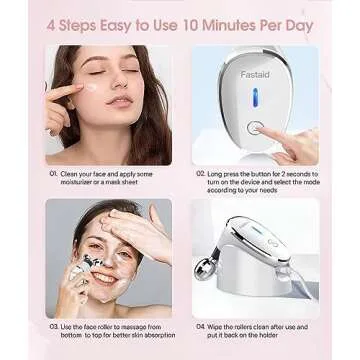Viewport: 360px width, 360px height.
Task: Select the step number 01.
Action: click(x=54, y=173)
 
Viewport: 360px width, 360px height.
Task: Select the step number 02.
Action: click(x=201, y=173)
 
